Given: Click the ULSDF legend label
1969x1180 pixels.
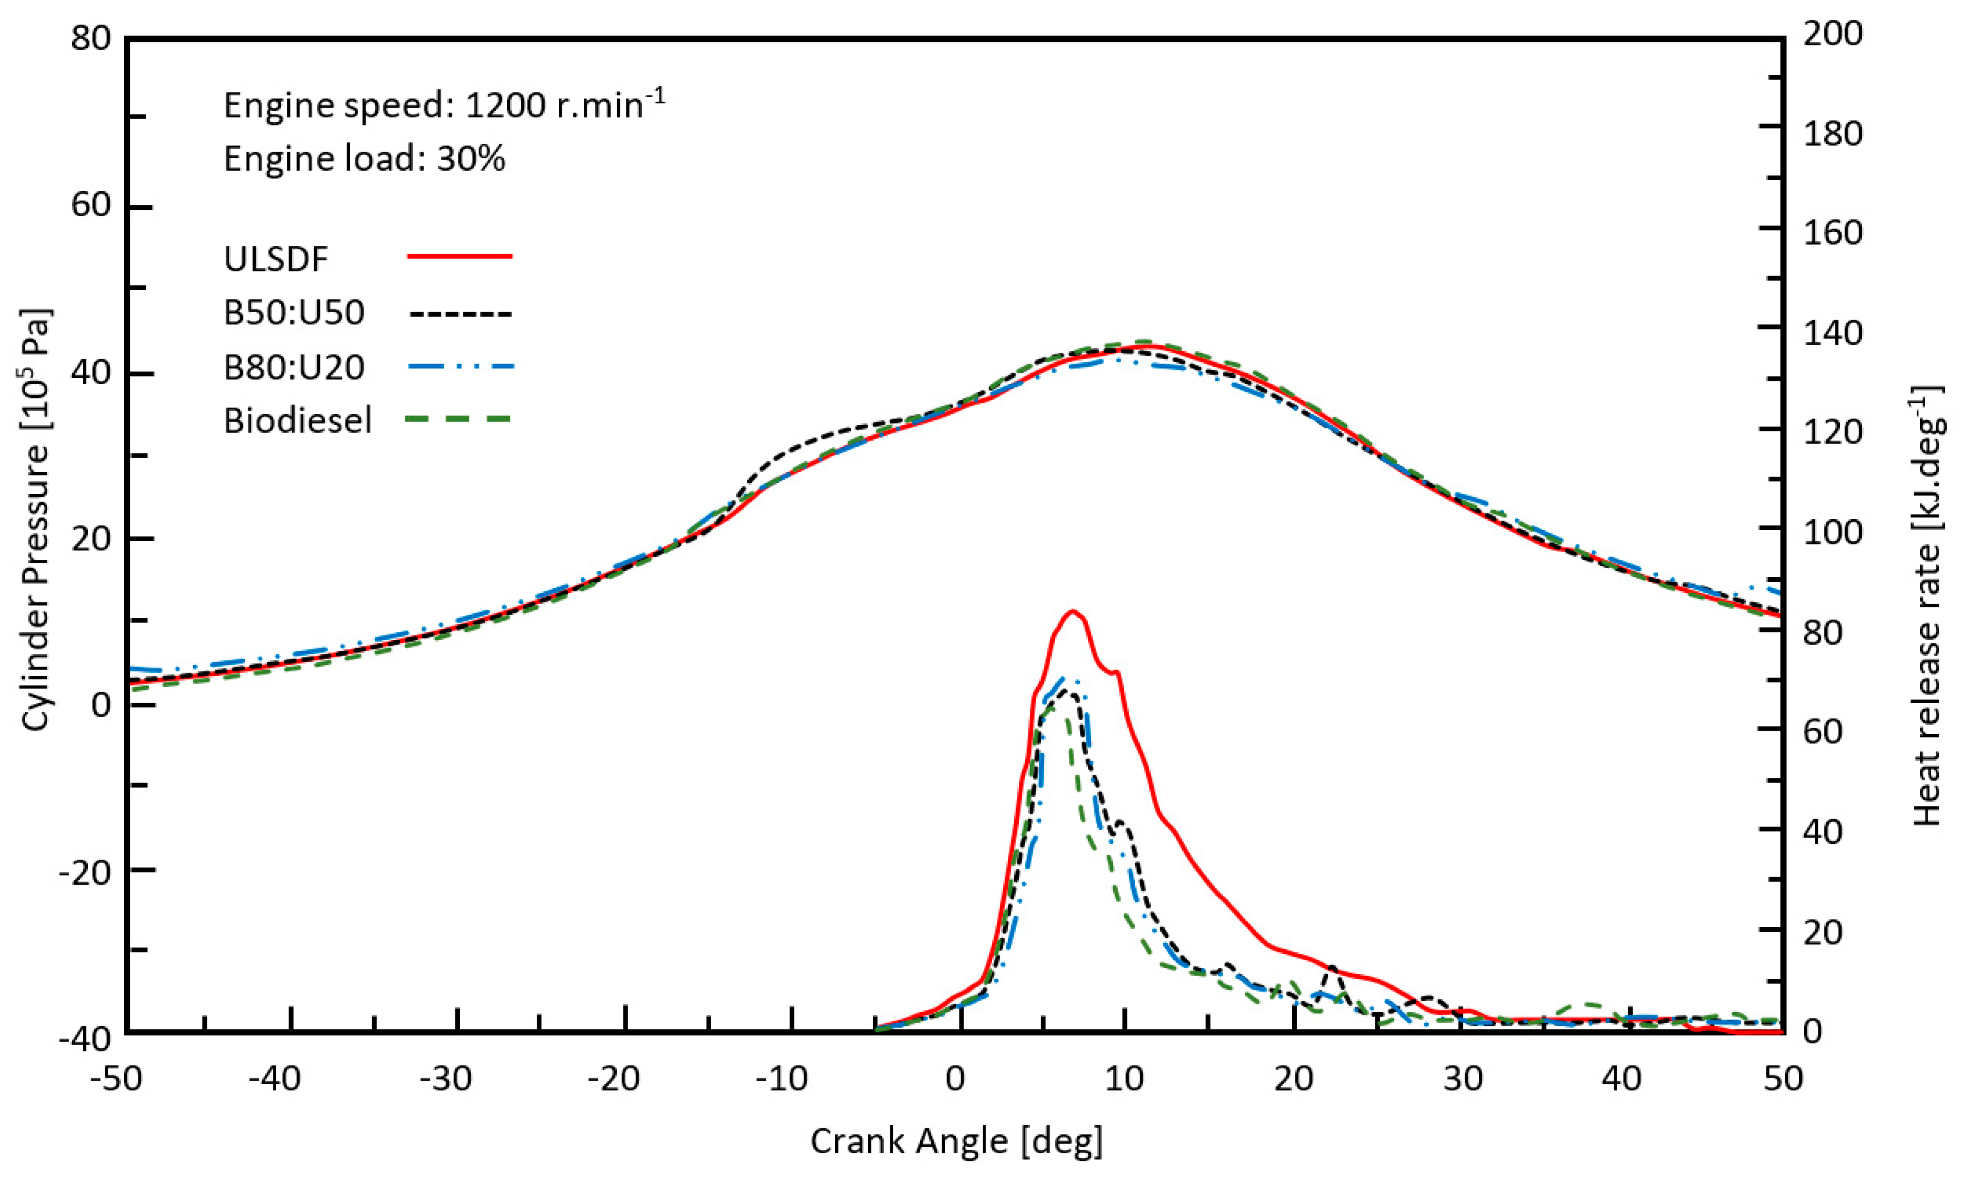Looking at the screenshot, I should pos(276,259).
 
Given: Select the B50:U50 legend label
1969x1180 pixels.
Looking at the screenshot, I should pos(294,313).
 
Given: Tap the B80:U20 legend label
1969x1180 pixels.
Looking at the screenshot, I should pos(294,367).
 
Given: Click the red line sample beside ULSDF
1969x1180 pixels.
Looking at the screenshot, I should pos(459,256).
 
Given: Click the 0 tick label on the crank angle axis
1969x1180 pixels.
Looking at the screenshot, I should pos(956,1079).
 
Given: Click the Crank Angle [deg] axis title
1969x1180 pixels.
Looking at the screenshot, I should pos(957,1141).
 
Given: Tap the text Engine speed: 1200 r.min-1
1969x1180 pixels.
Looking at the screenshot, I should pos(444,105).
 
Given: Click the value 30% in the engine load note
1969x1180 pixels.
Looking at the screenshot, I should pos(471,159).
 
